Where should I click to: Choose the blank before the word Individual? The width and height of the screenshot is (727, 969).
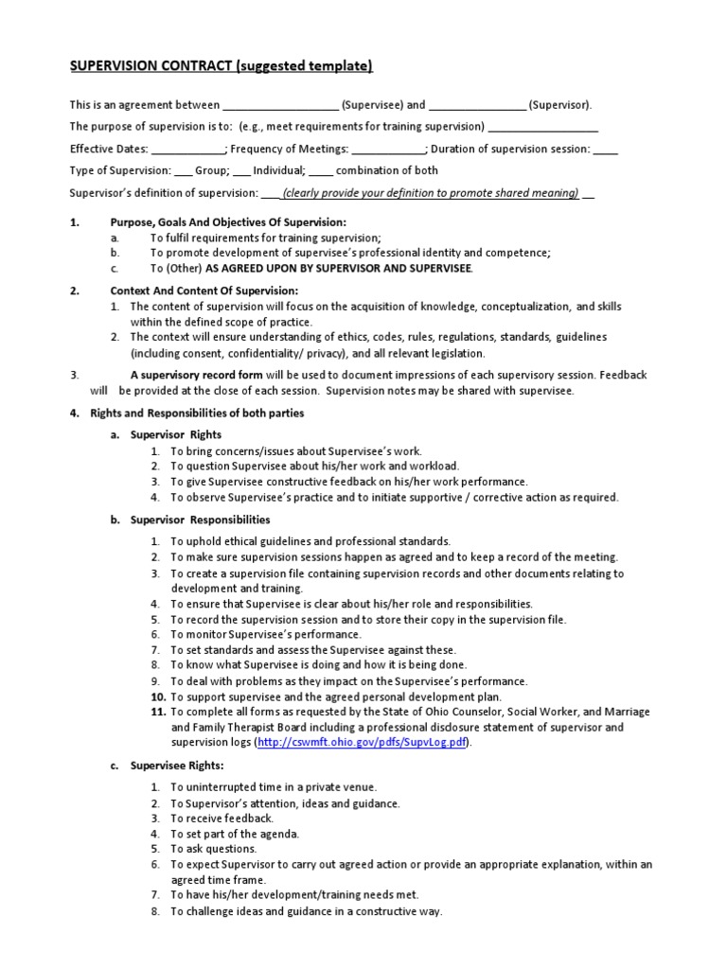241,172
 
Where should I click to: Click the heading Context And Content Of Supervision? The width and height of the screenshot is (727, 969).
204,291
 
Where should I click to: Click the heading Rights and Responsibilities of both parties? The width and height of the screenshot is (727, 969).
197,413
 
